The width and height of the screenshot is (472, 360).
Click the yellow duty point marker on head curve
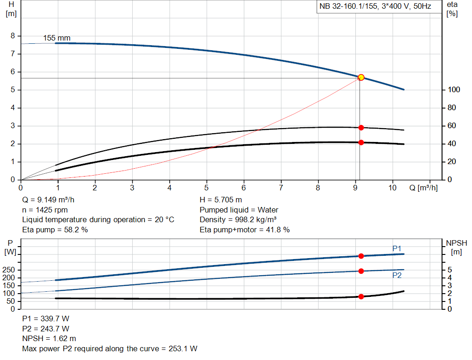tap(361, 77)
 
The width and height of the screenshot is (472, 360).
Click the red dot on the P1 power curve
tap(361, 256)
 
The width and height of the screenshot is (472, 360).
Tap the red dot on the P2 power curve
tap(361, 271)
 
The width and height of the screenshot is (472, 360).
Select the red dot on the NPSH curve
tap(361, 296)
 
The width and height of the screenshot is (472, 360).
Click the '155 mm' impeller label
tap(57, 38)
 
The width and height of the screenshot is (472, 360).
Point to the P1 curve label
tap(397, 248)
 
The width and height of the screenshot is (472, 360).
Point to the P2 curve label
tap(397, 275)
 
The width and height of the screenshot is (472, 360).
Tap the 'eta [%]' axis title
tap(452, 8)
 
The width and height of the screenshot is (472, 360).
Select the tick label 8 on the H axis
tap(13, 36)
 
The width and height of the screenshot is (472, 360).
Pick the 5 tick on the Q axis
tap(206, 188)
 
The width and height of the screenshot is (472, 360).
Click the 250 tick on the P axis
tap(10, 270)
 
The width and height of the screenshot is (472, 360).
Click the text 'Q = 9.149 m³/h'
tap(48, 200)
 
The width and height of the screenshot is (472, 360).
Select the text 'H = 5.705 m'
tap(221, 200)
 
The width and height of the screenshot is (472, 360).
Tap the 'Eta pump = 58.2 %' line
tap(55, 230)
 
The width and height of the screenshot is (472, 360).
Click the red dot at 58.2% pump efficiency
tap(361, 128)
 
